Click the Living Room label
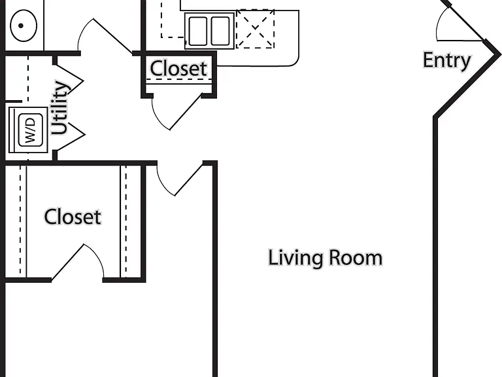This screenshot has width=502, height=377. pyautogui.click(x=325, y=258)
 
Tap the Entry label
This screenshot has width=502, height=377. pyautogui.click(x=447, y=60)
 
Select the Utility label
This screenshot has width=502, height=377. pyautogui.click(x=60, y=108)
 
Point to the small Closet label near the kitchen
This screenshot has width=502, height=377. pyautogui.click(x=178, y=68)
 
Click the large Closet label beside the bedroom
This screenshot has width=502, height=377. pyautogui.click(x=73, y=217)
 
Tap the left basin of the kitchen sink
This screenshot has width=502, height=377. pyautogui.click(x=198, y=31)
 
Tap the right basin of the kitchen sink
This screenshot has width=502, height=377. pyautogui.click(x=220, y=31)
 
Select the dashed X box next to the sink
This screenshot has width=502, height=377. pyautogui.click(x=255, y=29)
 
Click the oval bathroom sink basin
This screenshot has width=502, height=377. pyautogui.click(x=24, y=26)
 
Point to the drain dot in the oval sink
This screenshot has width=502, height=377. pyautogui.click(x=21, y=26)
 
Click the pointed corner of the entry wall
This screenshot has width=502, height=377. pyautogui.click(x=499, y=55)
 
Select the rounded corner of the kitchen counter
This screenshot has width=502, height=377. pyautogui.click(x=295, y=63)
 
